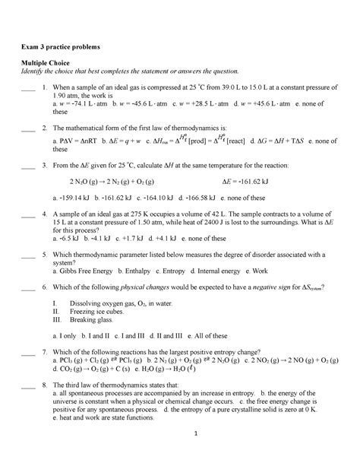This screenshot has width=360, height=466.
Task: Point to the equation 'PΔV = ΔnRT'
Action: click(x=84, y=141)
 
